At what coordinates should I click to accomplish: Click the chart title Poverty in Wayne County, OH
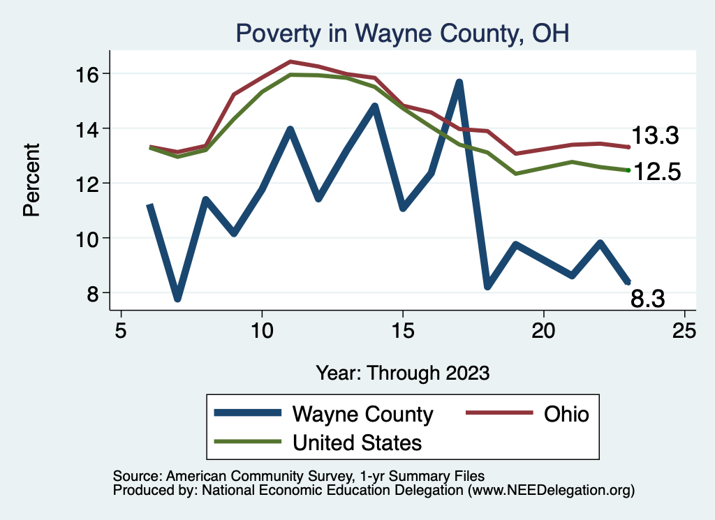coord(402,33)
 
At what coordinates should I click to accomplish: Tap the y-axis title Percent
coord(31,179)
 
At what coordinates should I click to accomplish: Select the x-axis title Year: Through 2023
coord(402,372)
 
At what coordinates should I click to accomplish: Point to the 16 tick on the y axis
coord(91,74)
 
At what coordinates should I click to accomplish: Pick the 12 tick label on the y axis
coord(91,184)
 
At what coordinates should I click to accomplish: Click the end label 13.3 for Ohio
coord(655,136)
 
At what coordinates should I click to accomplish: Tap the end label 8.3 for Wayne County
coord(647,299)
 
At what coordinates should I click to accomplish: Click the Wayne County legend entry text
coord(362,414)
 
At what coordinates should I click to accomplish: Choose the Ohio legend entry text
coord(566,414)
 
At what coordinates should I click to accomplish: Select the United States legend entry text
coord(357,443)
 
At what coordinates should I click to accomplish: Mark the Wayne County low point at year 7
coord(177,299)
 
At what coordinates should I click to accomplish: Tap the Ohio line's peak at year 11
coord(290,61)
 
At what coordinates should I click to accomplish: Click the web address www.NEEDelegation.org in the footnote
coord(551,491)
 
